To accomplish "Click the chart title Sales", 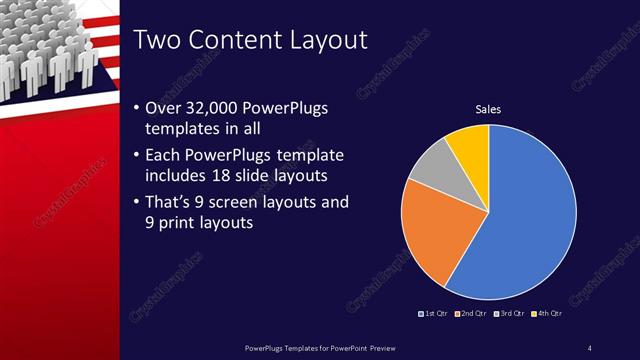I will [x=488, y=109].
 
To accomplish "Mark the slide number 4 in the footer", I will [x=590, y=347].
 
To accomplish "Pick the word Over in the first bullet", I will [x=164, y=107].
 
